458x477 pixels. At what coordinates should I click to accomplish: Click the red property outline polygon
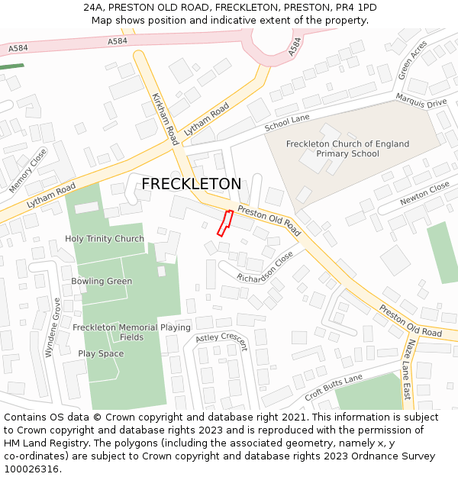(x=224, y=223)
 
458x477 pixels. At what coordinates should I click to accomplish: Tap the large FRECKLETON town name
(x=192, y=184)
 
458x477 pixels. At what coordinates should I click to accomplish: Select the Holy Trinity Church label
(x=105, y=239)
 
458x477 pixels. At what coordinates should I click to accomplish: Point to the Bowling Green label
(x=102, y=282)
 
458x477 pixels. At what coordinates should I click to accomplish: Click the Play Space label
(x=101, y=354)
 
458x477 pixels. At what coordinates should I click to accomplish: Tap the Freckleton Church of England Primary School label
(x=347, y=149)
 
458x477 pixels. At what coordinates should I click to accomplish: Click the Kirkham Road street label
(x=165, y=120)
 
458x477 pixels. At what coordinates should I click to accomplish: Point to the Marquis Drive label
(x=421, y=101)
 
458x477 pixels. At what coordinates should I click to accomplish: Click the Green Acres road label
(x=412, y=61)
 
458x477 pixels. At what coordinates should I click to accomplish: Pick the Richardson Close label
(x=265, y=267)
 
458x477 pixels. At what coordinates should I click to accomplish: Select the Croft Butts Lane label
(x=333, y=388)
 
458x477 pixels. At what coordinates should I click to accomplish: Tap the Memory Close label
(x=27, y=169)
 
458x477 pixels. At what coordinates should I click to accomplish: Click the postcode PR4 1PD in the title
(x=355, y=8)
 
